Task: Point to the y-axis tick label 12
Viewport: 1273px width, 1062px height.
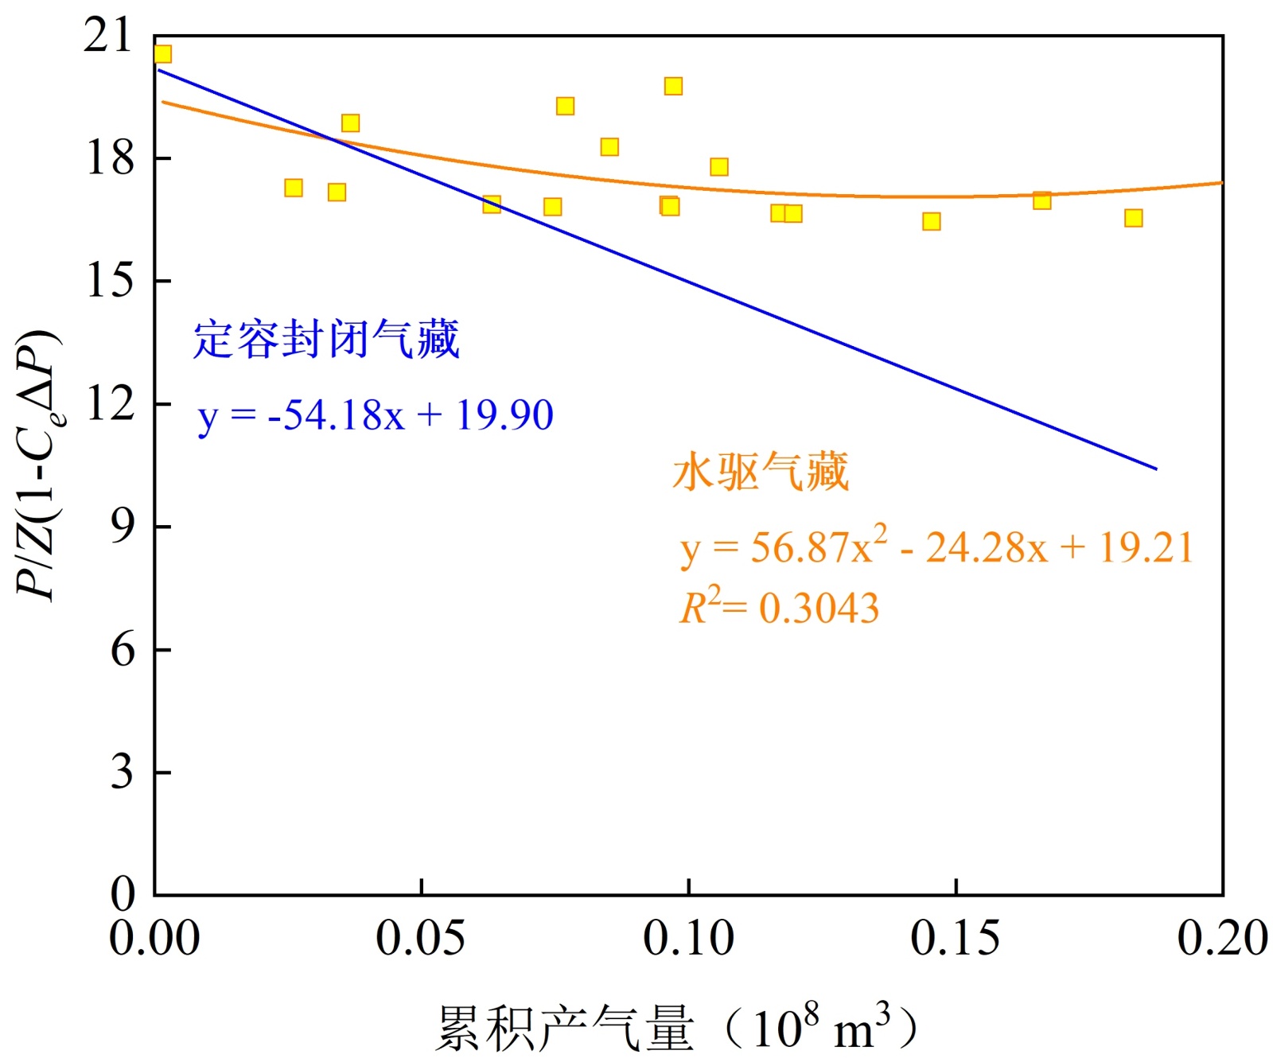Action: tap(111, 404)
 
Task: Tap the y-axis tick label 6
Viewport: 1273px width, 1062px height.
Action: tap(122, 650)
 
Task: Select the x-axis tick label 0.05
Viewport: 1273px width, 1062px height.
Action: tap(420, 938)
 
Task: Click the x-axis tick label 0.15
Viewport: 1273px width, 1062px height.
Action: tap(955, 938)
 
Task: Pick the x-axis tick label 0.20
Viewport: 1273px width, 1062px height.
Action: tap(1222, 938)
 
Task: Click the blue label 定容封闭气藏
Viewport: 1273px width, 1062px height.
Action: tap(326, 340)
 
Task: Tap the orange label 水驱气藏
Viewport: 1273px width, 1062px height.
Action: tap(761, 472)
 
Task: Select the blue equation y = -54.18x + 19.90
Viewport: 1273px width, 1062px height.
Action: tap(375, 415)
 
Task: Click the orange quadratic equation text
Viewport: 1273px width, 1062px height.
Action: tap(936, 547)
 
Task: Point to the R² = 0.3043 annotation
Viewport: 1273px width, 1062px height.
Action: tap(779, 609)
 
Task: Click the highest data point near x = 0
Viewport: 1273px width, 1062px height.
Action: tap(162, 54)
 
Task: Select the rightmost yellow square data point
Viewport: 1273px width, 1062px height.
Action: tap(1133, 218)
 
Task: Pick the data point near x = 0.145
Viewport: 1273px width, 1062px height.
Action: tap(931, 221)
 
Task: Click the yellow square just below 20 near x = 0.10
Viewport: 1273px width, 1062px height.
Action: tap(673, 86)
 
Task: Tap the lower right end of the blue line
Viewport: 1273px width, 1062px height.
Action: tap(1155, 469)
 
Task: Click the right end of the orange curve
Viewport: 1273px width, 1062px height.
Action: tap(1220, 183)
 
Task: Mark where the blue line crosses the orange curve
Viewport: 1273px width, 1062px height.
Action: tap(334, 141)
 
